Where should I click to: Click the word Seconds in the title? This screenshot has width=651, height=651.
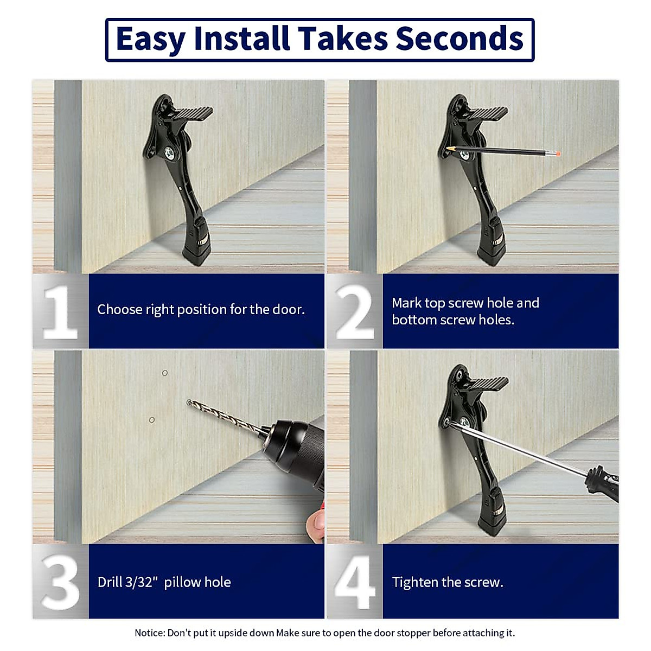459,39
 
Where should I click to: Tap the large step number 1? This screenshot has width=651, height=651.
60,312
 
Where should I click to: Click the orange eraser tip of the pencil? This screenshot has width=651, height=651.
558,154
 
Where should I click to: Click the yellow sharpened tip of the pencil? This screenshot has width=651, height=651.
450,148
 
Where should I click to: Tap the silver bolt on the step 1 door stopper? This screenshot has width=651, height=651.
169,154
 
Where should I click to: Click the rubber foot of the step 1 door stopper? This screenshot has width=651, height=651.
197,252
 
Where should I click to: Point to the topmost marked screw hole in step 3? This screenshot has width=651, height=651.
165,373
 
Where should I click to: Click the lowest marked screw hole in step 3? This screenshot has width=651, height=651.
152,420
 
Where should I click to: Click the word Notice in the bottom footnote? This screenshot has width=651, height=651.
150,633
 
